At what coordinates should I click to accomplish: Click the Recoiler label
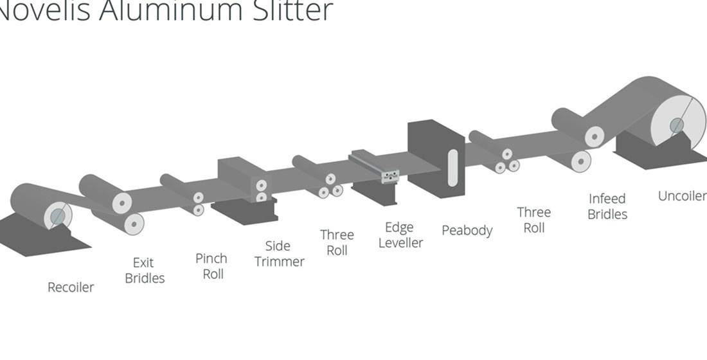71,287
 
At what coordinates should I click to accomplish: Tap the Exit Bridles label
145,271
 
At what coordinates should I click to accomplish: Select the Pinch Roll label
211,266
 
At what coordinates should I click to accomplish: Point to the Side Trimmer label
279,254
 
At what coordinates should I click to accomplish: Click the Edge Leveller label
400,235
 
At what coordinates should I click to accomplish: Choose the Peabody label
467,230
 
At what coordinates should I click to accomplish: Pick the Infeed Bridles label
607,206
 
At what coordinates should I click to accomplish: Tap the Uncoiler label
682,195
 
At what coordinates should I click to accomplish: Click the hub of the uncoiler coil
676,125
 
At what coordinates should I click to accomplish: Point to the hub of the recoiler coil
58,215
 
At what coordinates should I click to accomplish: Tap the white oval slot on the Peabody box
452,167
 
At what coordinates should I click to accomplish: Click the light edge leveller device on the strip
389,175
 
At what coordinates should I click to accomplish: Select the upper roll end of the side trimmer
261,185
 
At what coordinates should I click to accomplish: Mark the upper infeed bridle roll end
596,136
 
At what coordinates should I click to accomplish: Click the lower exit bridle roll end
134,223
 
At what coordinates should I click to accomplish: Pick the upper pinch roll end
199,197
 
